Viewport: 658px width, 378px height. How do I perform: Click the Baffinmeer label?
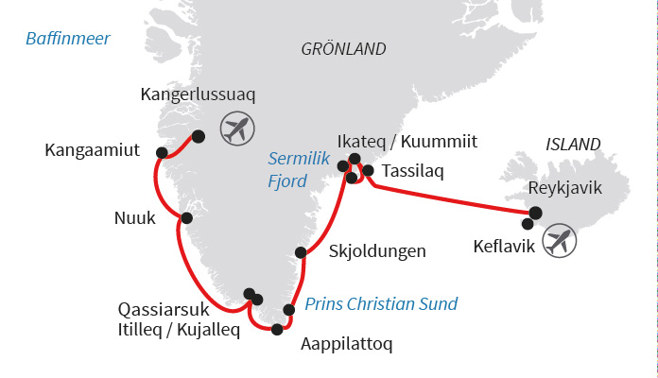[x=68, y=39]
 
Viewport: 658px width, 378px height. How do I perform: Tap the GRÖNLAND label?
[x=343, y=49]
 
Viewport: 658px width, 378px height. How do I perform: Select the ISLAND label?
[x=573, y=145]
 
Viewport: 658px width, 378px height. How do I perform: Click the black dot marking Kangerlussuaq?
[x=199, y=136]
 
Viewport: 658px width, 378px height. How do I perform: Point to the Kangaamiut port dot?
[x=162, y=153]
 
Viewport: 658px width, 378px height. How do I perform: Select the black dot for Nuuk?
[x=186, y=218]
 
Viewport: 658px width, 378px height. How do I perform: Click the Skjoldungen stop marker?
[x=301, y=252]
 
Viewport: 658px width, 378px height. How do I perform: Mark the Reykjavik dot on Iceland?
[x=535, y=214]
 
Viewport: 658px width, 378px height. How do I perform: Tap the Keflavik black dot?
[x=527, y=224]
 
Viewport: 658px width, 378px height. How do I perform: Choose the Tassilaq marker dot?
[x=369, y=171]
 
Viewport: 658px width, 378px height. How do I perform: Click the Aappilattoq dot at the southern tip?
[x=277, y=330]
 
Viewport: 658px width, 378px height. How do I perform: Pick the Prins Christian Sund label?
[x=381, y=304]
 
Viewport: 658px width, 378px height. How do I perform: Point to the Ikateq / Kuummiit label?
[x=420, y=143]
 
